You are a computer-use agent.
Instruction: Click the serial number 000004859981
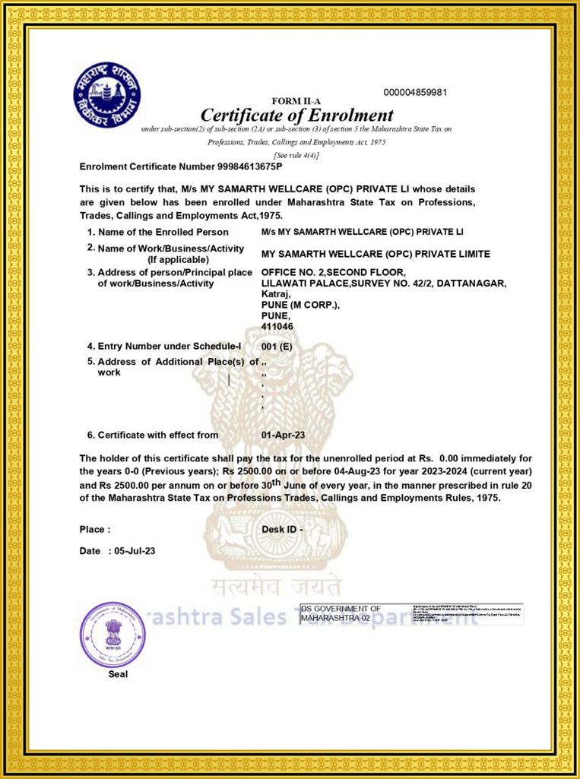pyautogui.click(x=415, y=93)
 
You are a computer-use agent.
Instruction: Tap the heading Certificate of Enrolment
pyautogui.click(x=296, y=116)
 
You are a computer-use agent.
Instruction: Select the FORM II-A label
pyautogui.click(x=296, y=101)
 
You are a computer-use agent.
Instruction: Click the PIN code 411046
pyautogui.click(x=277, y=326)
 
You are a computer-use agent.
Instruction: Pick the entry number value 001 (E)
pyautogui.click(x=277, y=347)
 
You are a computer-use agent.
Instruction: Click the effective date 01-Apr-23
pyautogui.click(x=283, y=435)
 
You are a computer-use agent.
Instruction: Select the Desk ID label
pyautogui.click(x=282, y=529)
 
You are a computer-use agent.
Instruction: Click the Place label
pyautogui.click(x=95, y=529)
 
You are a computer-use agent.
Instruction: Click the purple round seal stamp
pyautogui.click(x=112, y=634)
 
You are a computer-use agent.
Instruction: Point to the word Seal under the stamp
pyautogui.click(x=118, y=673)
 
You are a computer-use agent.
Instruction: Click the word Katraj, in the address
pyautogui.click(x=276, y=294)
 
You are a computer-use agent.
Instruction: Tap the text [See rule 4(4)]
pyautogui.click(x=296, y=155)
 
